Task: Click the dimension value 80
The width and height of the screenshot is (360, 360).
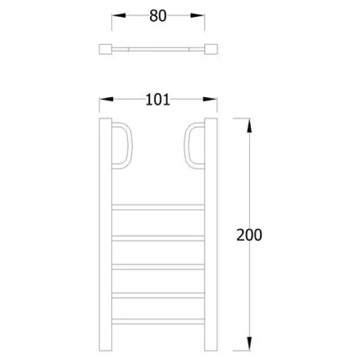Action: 158,16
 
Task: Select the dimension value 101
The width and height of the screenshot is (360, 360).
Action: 158,100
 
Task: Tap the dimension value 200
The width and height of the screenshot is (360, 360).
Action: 249,235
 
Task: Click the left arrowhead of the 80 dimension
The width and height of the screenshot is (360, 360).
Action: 119,16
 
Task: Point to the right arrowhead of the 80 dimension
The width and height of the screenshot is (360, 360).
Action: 197,16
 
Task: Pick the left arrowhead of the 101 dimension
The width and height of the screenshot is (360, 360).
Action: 106,99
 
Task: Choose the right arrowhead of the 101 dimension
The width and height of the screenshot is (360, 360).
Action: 210,99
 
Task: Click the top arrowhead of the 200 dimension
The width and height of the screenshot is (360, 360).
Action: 250,125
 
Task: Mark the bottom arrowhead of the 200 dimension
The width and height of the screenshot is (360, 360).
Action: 250,344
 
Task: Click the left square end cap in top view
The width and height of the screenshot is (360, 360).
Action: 106,49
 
